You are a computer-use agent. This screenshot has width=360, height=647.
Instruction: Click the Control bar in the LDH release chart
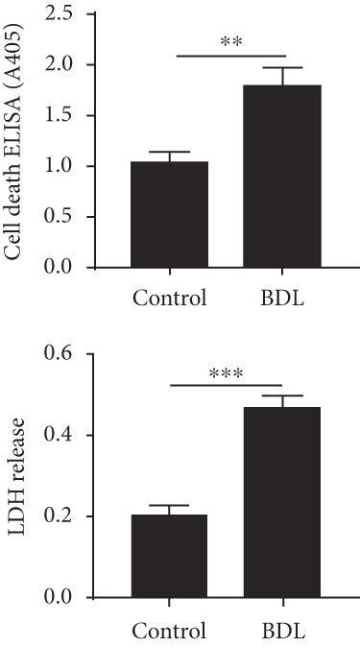[170, 557]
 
